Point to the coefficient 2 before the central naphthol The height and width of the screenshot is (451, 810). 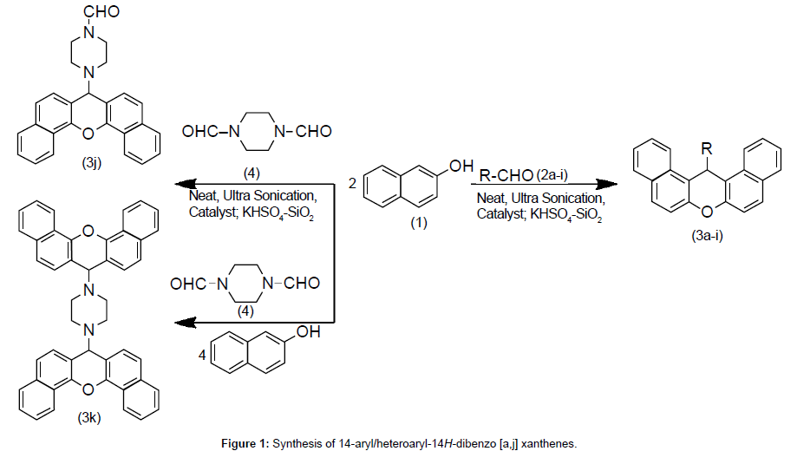coord(351,183)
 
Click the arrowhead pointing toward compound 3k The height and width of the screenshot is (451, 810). coord(180,323)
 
